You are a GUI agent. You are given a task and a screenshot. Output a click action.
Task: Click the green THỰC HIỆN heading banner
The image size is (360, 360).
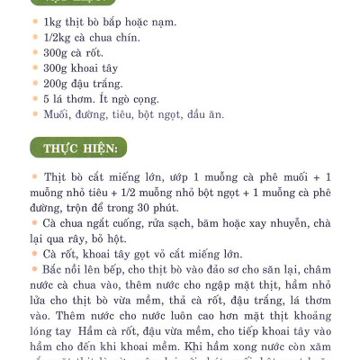tap(80, 148)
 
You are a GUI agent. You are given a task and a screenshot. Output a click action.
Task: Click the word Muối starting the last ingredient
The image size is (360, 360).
tap(57, 115)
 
